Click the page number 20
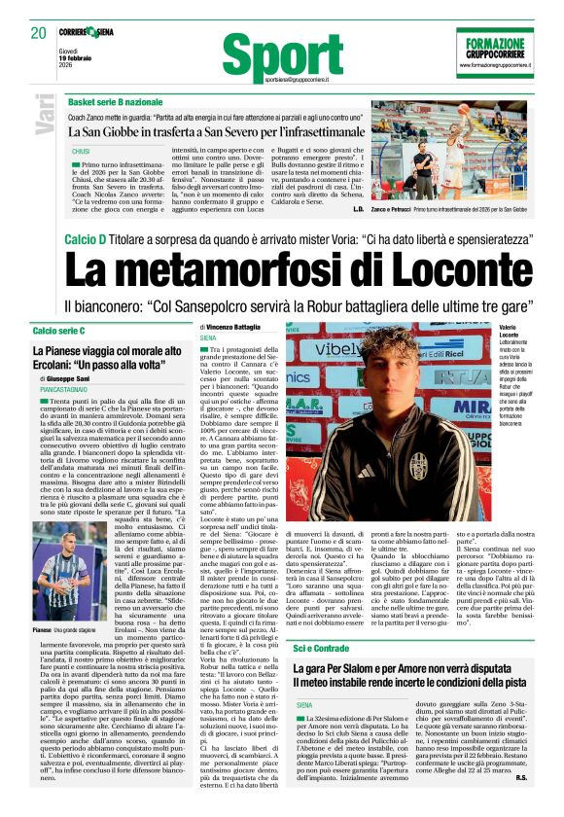pos(40,33)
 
